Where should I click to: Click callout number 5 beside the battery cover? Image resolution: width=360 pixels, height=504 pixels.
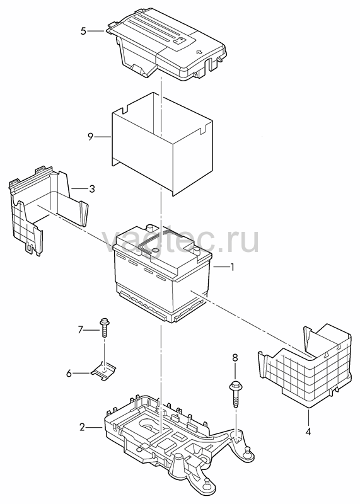point(83,31)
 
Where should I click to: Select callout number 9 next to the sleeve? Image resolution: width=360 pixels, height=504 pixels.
point(90,137)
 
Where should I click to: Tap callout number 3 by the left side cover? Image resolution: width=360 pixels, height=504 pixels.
point(92,188)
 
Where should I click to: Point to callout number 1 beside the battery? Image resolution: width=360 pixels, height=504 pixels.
point(231,266)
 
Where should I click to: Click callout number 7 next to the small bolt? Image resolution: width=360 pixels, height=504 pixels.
point(81,329)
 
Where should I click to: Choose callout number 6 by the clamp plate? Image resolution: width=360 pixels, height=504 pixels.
point(69,373)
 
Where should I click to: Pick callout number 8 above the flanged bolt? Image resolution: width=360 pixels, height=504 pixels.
point(235,358)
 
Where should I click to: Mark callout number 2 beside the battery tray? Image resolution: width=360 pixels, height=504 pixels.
point(83,427)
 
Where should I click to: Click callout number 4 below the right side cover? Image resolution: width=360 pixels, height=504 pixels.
point(308,432)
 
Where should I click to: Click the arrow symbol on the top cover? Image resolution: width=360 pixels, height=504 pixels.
point(199,52)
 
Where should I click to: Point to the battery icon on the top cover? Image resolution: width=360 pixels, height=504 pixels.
point(180,41)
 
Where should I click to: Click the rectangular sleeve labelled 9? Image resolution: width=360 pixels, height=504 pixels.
point(162,144)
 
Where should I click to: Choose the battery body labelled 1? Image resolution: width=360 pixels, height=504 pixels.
point(163,273)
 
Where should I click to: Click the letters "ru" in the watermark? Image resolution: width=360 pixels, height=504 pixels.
point(243,240)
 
